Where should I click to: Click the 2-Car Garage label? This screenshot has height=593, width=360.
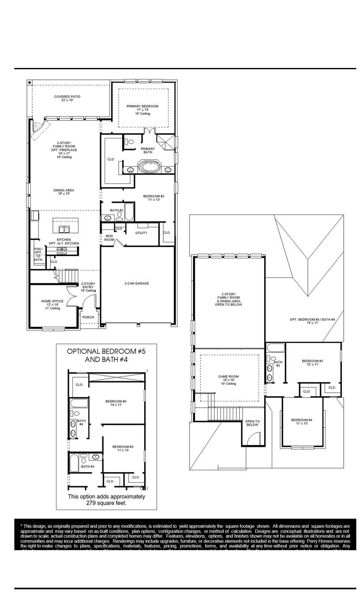pyautogui.click(x=136, y=284)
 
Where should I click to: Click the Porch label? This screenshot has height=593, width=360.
pyautogui.click(x=88, y=317)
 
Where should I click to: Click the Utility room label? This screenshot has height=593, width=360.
pyautogui.click(x=141, y=233)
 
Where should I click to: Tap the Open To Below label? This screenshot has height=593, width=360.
pyautogui.click(x=252, y=423)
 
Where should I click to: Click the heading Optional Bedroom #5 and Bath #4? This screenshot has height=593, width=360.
pyautogui.click(x=106, y=355)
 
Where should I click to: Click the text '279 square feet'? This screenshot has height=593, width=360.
pyautogui.click(x=106, y=503)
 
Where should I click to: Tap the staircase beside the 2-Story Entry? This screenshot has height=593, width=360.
pyautogui.click(x=68, y=277)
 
